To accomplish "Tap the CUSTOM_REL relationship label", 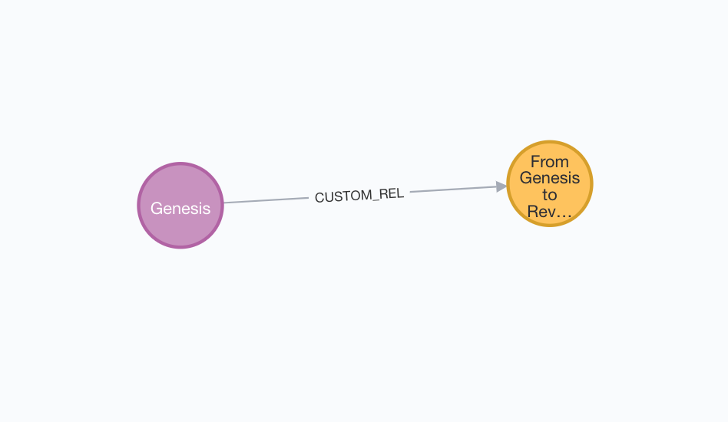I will point(359,195).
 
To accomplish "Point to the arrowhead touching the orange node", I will point(501,186).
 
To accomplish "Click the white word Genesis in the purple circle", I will point(180,208).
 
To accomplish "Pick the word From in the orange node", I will point(549,161).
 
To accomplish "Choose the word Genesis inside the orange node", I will point(549,178).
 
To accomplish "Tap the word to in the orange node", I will point(549,195).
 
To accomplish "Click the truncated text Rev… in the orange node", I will point(549,212).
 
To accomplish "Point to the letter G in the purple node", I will point(156,208).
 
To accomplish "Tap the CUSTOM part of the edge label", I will point(342,196).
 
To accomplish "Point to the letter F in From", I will point(534,161).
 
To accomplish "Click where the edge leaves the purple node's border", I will point(223,203).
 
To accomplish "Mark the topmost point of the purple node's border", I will point(180,163).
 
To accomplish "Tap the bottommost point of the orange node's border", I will point(550,227).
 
